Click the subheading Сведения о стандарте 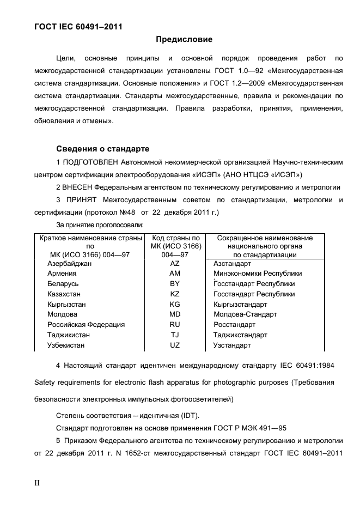(x=103, y=149)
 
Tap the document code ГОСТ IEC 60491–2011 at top (x=78, y=26)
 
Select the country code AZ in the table (x=175, y=264)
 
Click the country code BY (x=175, y=284)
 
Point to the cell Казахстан (x=64, y=294)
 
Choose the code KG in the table (x=175, y=305)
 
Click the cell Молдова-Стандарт (x=245, y=314)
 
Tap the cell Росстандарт (x=234, y=325)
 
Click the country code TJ (x=175, y=335)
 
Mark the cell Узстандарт (x=232, y=345)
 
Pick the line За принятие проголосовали (x=100, y=224)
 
